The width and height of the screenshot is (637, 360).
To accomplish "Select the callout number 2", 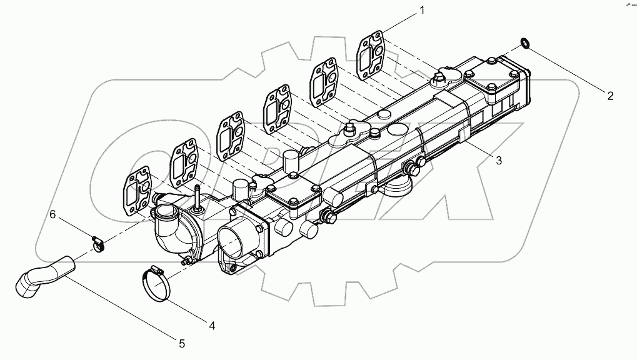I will pyautogui.click(x=610, y=96).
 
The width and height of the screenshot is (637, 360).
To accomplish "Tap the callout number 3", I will pyautogui.click(x=498, y=161).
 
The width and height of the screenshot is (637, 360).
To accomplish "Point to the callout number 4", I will pyautogui.click(x=211, y=325).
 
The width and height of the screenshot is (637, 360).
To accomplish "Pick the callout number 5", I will pyautogui.click(x=181, y=343).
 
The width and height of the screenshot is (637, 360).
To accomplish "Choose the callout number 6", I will pyautogui.click(x=53, y=214).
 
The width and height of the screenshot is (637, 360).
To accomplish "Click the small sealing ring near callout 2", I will pyautogui.click(x=524, y=42).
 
